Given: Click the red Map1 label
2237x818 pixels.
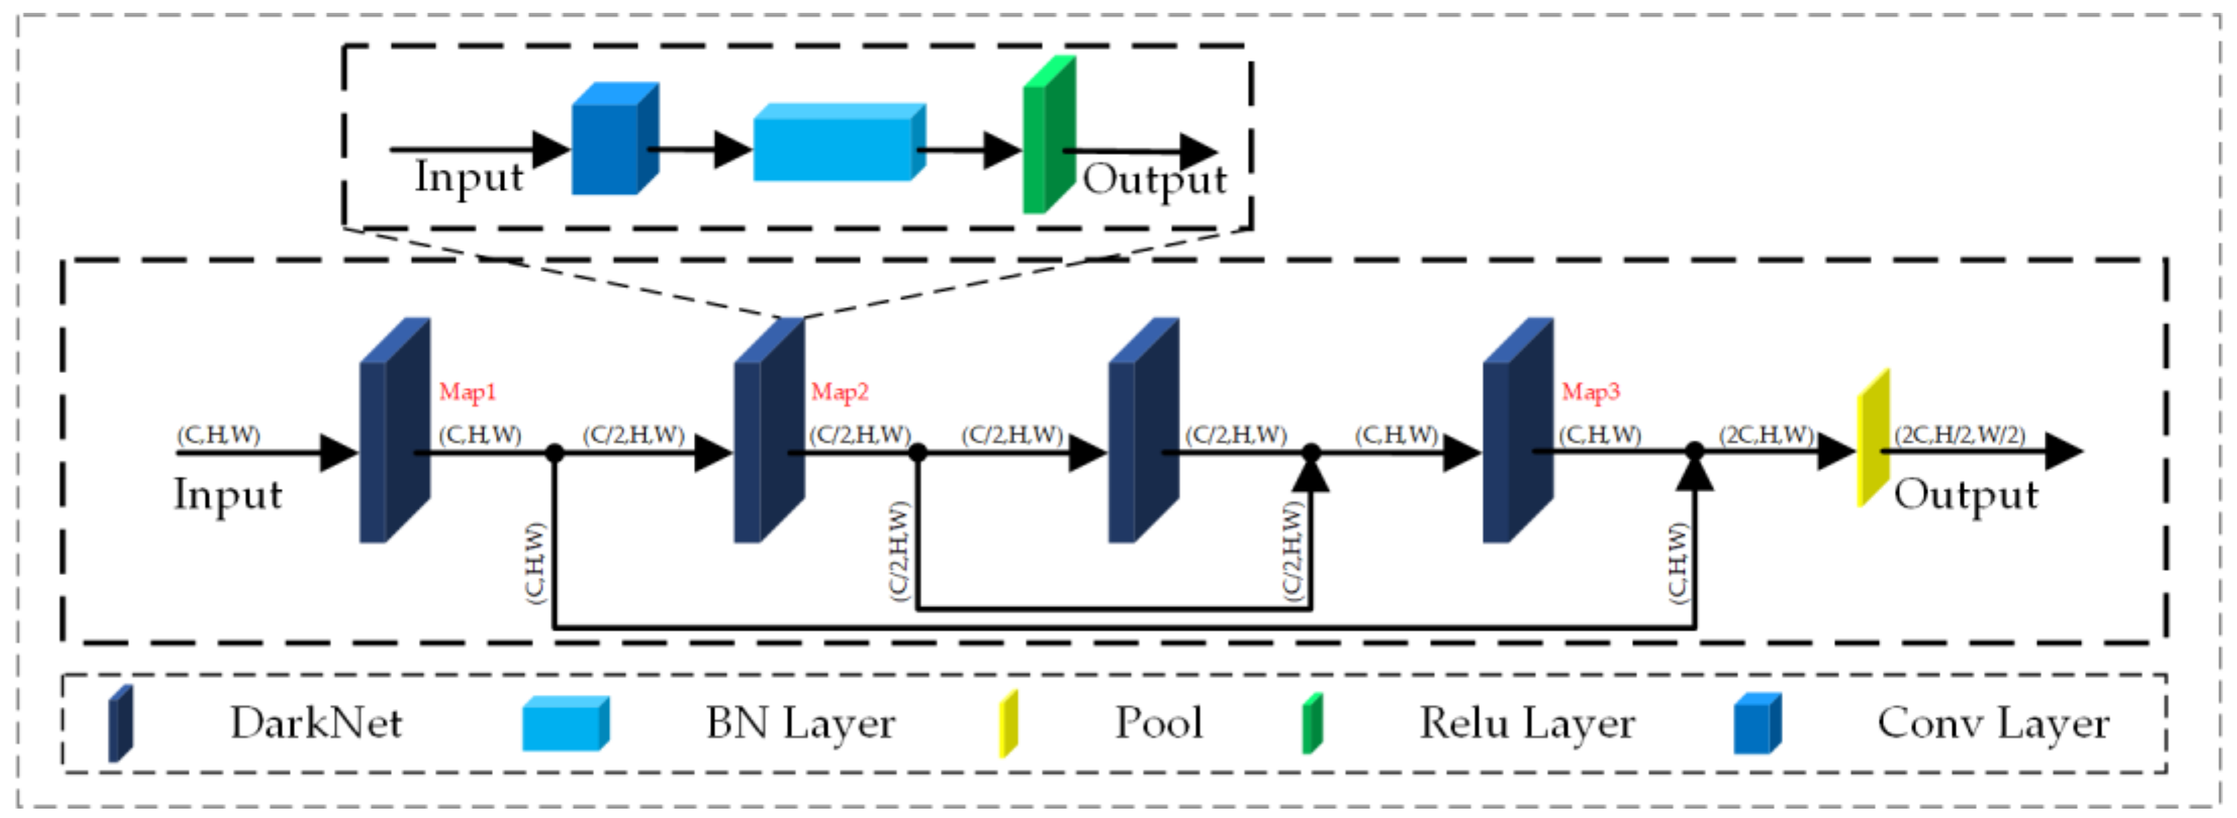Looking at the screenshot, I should (x=467, y=392).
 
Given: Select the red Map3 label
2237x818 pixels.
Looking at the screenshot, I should (x=1590, y=392).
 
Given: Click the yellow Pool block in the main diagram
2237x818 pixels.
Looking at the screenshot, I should (x=1873, y=438).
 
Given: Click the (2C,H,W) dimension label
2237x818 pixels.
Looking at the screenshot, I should (x=1766, y=434).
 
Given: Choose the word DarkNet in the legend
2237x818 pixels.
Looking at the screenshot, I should (x=315, y=722).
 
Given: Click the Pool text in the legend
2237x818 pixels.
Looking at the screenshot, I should (x=1159, y=722).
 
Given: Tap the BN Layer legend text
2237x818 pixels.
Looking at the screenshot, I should (x=799, y=722).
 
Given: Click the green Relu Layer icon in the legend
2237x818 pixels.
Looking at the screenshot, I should (x=1311, y=722).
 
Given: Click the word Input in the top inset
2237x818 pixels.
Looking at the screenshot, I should (x=468, y=178).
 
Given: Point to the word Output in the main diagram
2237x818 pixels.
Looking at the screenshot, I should (x=1965, y=495).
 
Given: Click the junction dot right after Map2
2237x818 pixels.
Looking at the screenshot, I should (x=917, y=452).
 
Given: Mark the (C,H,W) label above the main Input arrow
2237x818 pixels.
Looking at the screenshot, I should (x=218, y=434).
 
